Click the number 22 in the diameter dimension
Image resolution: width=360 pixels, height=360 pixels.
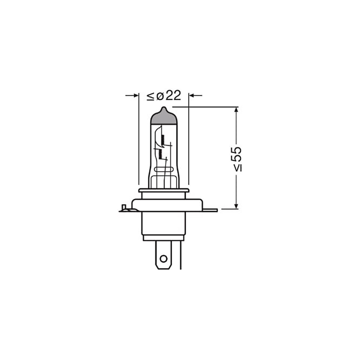point(174,95)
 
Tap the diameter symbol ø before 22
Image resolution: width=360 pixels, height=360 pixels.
point(160,96)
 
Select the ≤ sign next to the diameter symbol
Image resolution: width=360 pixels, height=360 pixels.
point(150,96)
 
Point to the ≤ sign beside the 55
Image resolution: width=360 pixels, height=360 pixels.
point(238,168)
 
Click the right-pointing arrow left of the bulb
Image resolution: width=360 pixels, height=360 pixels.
point(132,95)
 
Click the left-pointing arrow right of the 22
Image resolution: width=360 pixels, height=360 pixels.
point(195,95)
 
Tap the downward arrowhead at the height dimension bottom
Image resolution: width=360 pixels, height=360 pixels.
point(236,206)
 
